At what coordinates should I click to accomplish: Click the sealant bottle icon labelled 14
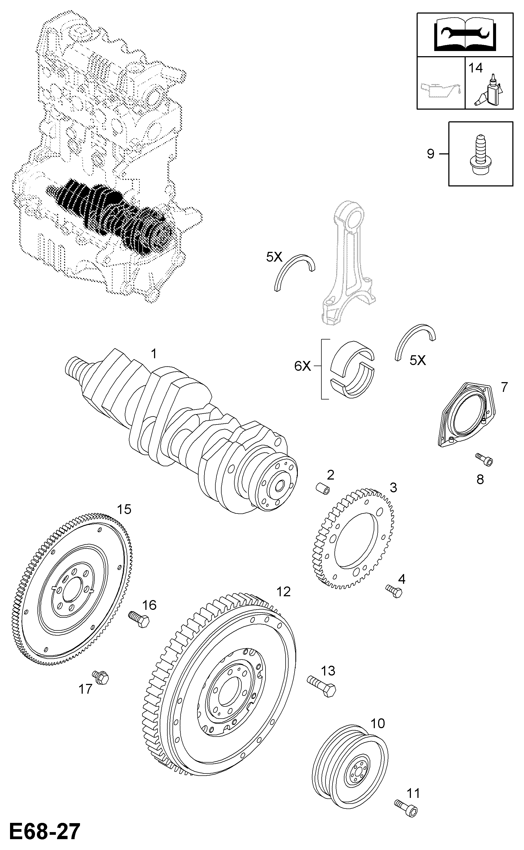pyautogui.click(x=489, y=91)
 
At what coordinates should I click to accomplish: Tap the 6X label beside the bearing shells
pyautogui.click(x=303, y=366)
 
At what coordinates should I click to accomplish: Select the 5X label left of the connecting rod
pyautogui.click(x=274, y=257)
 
